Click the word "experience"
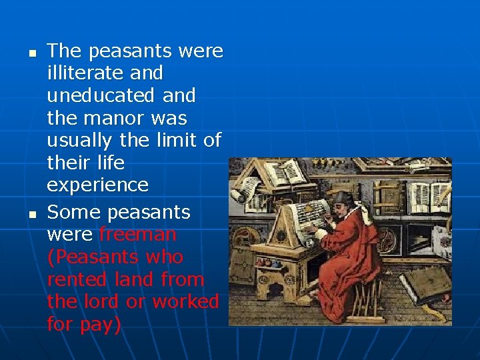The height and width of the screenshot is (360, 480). point(97,185)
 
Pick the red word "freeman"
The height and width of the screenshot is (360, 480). point(138,235)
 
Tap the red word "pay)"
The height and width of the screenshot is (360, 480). point(100,325)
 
